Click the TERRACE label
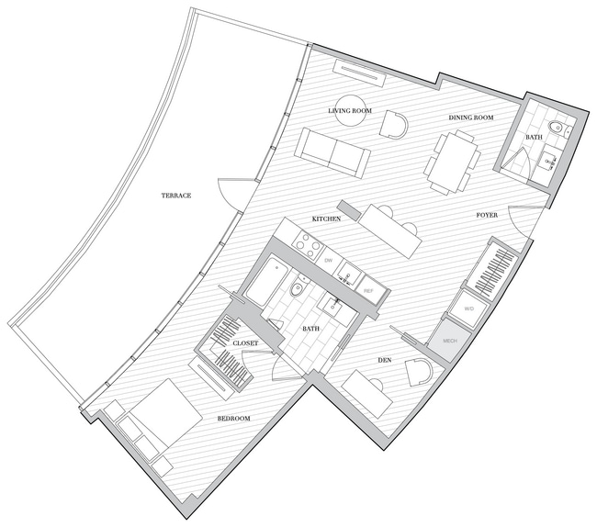tap(176, 196)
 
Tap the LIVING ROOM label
tap(349, 111)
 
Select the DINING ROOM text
tap(472, 118)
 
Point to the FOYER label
tap(487, 215)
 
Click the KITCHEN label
tap(327, 220)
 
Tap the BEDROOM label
tap(233, 419)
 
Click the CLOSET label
tap(244, 343)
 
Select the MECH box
tap(450, 341)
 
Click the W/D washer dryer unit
tap(468, 310)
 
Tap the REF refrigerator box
tap(368, 291)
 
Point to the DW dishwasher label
tap(328, 261)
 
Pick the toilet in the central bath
tap(295, 292)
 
